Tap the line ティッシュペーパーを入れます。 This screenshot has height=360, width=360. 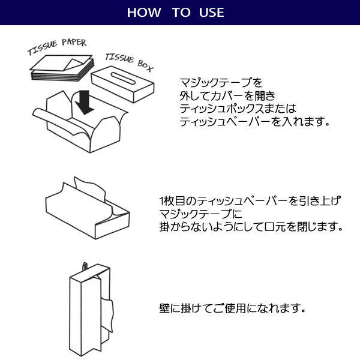(255, 122)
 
